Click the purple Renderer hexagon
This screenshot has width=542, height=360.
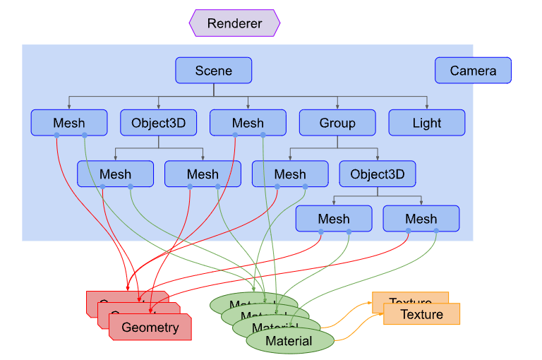tap(234, 23)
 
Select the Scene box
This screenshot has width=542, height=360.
tap(213, 71)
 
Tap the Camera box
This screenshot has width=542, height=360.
tap(473, 71)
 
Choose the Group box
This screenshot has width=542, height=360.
tap(337, 123)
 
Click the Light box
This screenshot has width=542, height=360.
tap(427, 123)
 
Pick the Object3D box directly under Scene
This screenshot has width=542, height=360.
tap(158, 123)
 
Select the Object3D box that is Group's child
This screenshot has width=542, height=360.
tap(377, 174)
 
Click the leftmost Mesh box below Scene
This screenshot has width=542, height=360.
tap(68, 123)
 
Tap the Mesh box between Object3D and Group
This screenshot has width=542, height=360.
tap(248, 123)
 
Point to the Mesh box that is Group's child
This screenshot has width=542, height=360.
tap(290, 174)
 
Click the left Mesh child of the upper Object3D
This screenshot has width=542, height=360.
tap(115, 174)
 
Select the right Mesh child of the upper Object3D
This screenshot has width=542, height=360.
tap(203, 174)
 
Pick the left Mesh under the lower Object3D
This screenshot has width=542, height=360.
tap(333, 219)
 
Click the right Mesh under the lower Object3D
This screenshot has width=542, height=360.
tap(421, 219)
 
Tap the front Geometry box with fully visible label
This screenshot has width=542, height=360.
tap(150, 328)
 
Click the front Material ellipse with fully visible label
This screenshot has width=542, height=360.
tap(289, 342)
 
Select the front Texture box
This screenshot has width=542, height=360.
tap(422, 314)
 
